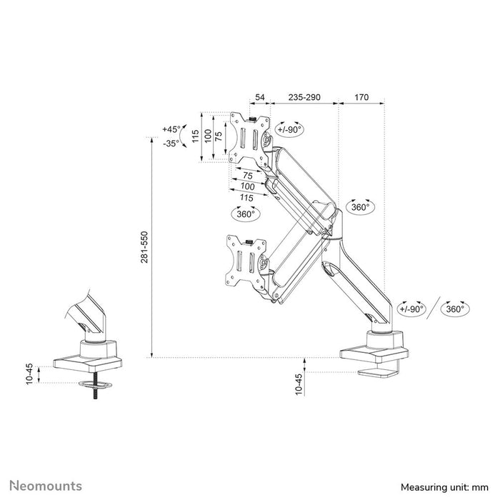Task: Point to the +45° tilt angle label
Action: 171,129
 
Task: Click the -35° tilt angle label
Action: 171,143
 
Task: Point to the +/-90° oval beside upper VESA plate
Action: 289,129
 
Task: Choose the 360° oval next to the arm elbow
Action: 360,206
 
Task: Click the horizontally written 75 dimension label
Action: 247,176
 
